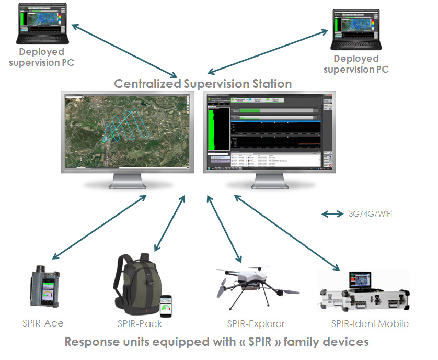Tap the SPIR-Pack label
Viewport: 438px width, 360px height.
click(x=140, y=323)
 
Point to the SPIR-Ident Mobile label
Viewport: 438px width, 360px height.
click(x=370, y=323)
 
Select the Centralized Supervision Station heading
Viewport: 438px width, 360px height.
click(x=203, y=84)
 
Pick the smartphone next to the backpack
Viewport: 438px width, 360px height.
click(x=166, y=305)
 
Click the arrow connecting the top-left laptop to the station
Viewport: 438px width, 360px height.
click(x=125, y=49)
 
